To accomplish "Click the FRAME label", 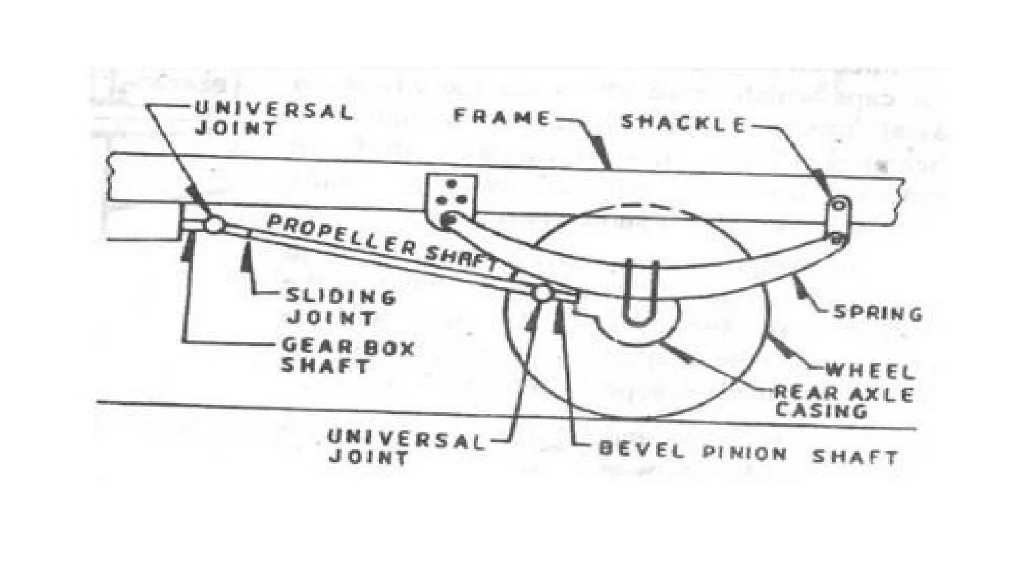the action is [x=501, y=117].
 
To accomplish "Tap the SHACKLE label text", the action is [x=683, y=123].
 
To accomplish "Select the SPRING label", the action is [x=877, y=313].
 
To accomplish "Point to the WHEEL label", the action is [x=869, y=372].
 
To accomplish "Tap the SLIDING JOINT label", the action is [x=340, y=307].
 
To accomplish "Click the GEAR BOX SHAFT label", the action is [x=347, y=355].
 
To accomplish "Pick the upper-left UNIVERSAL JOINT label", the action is [x=273, y=119].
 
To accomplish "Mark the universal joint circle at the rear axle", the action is [x=543, y=293].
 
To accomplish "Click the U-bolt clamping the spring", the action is [x=640, y=292].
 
